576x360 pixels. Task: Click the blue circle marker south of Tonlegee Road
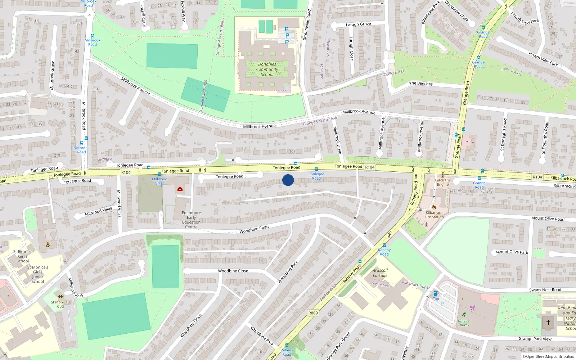(288, 180)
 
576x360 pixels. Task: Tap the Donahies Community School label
(267, 69)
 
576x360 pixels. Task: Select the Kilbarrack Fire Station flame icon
(434, 207)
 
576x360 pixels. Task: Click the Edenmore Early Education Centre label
(191, 220)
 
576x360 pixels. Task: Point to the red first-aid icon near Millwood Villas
(180, 189)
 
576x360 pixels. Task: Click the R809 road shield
(313, 313)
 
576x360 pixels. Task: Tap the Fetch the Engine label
(442, 183)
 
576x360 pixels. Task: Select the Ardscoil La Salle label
(380, 273)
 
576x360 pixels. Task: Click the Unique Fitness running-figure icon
(464, 314)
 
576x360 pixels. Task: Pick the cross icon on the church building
(548, 322)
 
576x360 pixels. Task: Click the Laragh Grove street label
(358, 24)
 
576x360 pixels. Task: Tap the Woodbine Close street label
(233, 271)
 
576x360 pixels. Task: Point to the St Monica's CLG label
(60, 304)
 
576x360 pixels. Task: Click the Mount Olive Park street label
(512, 252)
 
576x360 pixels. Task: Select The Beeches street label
(421, 83)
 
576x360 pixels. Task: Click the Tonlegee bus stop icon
(316, 169)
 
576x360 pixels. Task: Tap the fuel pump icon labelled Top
(436, 293)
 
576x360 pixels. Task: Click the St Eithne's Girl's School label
(23, 256)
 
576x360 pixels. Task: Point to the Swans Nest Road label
(545, 290)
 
